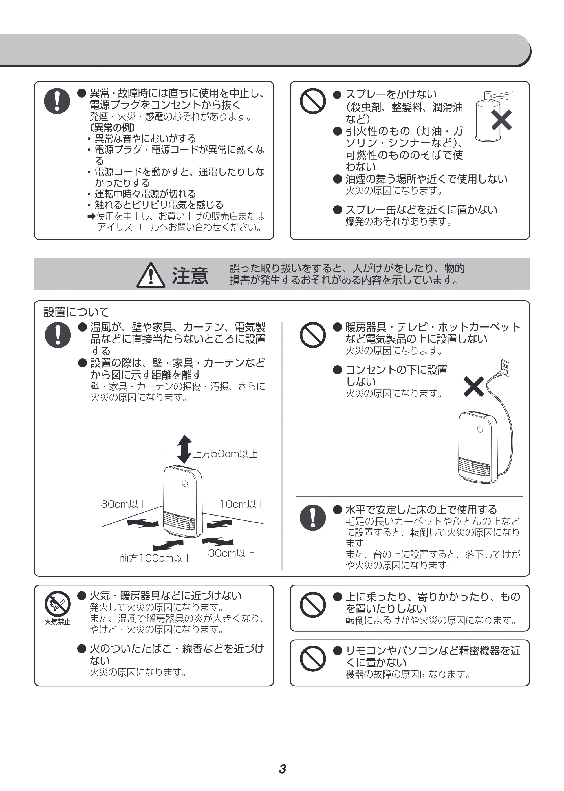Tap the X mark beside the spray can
[x=501, y=120]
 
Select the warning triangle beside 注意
[x=151, y=275]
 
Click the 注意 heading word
[x=190, y=276]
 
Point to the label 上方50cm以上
[x=225, y=454]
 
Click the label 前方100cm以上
[x=156, y=558]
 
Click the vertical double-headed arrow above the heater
[x=184, y=449]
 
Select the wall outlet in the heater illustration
[x=505, y=368]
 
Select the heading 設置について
[x=76, y=312]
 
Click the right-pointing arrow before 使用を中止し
[x=92, y=216]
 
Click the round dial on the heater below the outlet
[x=480, y=429]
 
